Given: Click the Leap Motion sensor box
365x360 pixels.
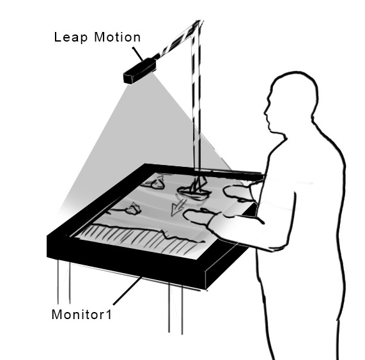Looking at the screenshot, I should coord(140,70).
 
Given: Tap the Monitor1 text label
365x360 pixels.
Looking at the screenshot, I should coord(81,315).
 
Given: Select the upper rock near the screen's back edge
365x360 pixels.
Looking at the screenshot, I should coord(157,183).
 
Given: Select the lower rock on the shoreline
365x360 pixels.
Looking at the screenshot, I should coord(132,208).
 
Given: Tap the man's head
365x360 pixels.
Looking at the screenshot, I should coord(291,102).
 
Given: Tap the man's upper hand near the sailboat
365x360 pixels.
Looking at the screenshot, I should coord(238,192).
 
